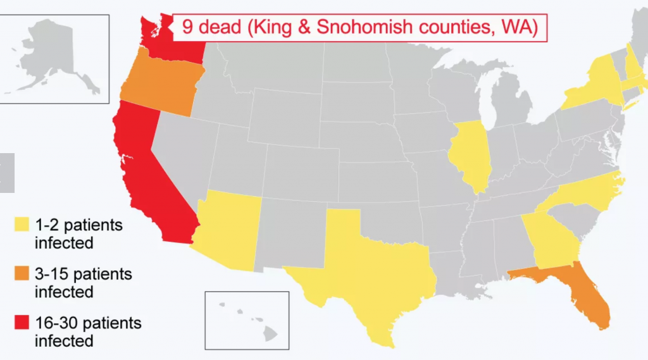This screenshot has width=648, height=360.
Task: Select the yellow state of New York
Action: [x=595, y=85]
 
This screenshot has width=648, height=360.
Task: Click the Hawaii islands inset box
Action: [x=247, y=320]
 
